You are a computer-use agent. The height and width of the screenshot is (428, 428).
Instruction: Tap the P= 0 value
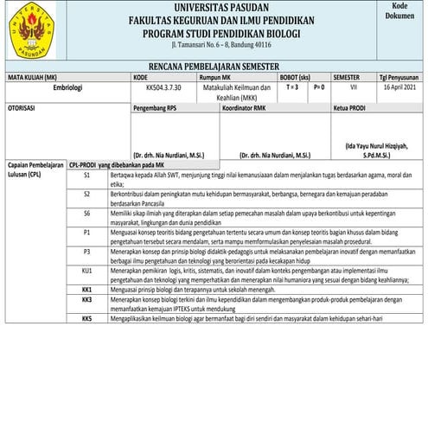(x=318, y=86)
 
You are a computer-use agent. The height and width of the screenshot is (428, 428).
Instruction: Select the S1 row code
(x=87, y=175)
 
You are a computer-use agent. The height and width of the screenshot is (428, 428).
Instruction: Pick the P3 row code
(x=87, y=251)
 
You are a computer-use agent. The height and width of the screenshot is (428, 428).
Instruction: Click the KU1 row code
(x=87, y=270)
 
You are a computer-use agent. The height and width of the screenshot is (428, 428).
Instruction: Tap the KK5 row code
(x=87, y=318)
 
